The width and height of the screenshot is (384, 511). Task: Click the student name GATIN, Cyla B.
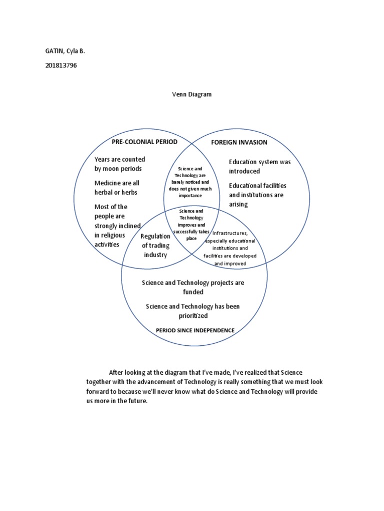(x=65, y=51)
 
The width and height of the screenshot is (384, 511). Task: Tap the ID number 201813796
(x=61, y=65)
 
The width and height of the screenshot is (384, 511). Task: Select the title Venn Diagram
(x=191, y=94)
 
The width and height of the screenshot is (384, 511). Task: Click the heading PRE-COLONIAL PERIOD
(x=144, y=142)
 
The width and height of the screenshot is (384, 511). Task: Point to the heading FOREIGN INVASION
(x=239, y=142)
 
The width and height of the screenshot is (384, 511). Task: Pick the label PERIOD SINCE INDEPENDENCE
(x=195, y=330)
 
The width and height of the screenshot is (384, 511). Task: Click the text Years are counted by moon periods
(x=119, y=164)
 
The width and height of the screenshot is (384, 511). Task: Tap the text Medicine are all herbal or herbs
(x=116, y=188)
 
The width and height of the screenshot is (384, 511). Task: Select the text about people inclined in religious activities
(x=117, y=226)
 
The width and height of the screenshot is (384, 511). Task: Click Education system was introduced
(x=259, y=167)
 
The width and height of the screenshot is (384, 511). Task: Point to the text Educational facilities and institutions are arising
(x=257, y=195)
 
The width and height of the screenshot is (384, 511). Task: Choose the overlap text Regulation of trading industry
(x=155, y=246)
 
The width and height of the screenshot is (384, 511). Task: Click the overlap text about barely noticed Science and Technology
(x=190, y=182)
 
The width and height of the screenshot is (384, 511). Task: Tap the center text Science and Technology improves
(x=191, y=225)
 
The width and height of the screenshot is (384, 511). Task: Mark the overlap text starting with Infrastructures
(x=230, y=249)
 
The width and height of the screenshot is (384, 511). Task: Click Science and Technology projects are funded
(x=193, y=287)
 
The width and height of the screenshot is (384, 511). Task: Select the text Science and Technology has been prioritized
(x=192, y=311)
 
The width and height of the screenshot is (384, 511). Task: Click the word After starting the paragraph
(x=115, y=372)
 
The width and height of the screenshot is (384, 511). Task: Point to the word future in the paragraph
(x=138, y=401)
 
